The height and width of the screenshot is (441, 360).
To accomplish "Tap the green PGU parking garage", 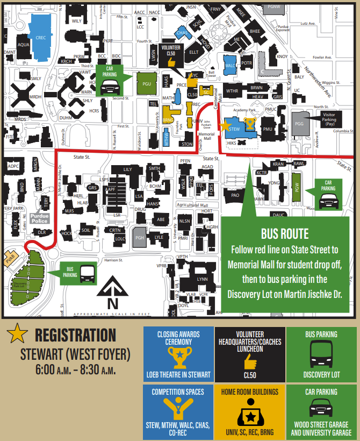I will [x=147, y=84].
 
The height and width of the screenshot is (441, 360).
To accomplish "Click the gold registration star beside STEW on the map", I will [x=225, y=125].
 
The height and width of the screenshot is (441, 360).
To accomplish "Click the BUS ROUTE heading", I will [x=285, y=234].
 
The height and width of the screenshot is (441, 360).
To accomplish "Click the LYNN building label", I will [x=202, y=279].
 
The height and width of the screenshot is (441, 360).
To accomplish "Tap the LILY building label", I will [x=127, y=170].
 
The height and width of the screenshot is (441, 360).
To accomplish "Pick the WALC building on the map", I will [x=230, y=66].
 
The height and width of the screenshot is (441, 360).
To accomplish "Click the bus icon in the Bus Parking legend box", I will [x=321, y=354].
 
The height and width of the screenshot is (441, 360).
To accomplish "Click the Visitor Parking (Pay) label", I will [x=332, y=118].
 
